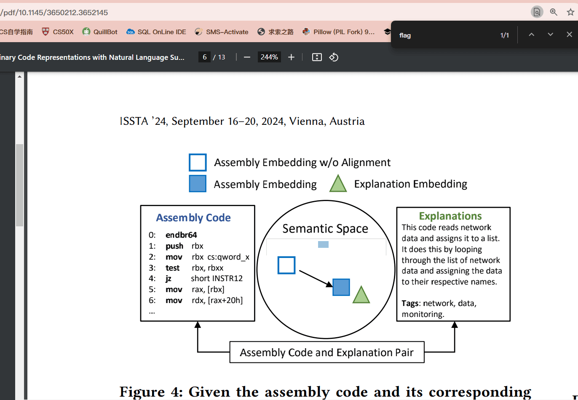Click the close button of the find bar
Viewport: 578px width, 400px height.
point(569,35)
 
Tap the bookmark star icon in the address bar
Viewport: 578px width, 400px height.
point(570,12)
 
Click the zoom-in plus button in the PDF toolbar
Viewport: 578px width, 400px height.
point(291,57)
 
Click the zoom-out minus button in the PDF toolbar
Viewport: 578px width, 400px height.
point(247,57)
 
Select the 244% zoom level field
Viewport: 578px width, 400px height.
point(269,57)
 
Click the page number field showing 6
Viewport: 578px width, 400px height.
point(204,57)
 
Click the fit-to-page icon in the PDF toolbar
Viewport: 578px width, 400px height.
point(317,57)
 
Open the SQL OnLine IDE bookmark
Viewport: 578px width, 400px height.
point(156,32)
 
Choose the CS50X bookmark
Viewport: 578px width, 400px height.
point(58,32)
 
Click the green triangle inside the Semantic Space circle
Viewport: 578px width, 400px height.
point(361,295)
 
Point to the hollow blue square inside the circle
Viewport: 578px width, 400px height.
point(286,265)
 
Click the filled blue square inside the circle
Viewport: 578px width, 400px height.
point(341,287)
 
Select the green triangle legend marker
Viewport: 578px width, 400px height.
point(338,183)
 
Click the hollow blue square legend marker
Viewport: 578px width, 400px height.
point(198,162)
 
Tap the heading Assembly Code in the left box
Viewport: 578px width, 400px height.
point(193,217)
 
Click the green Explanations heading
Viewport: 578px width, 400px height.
point(450,216)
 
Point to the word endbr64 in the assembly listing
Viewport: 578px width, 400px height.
point(181,235)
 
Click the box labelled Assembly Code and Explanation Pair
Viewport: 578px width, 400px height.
point(327,352)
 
